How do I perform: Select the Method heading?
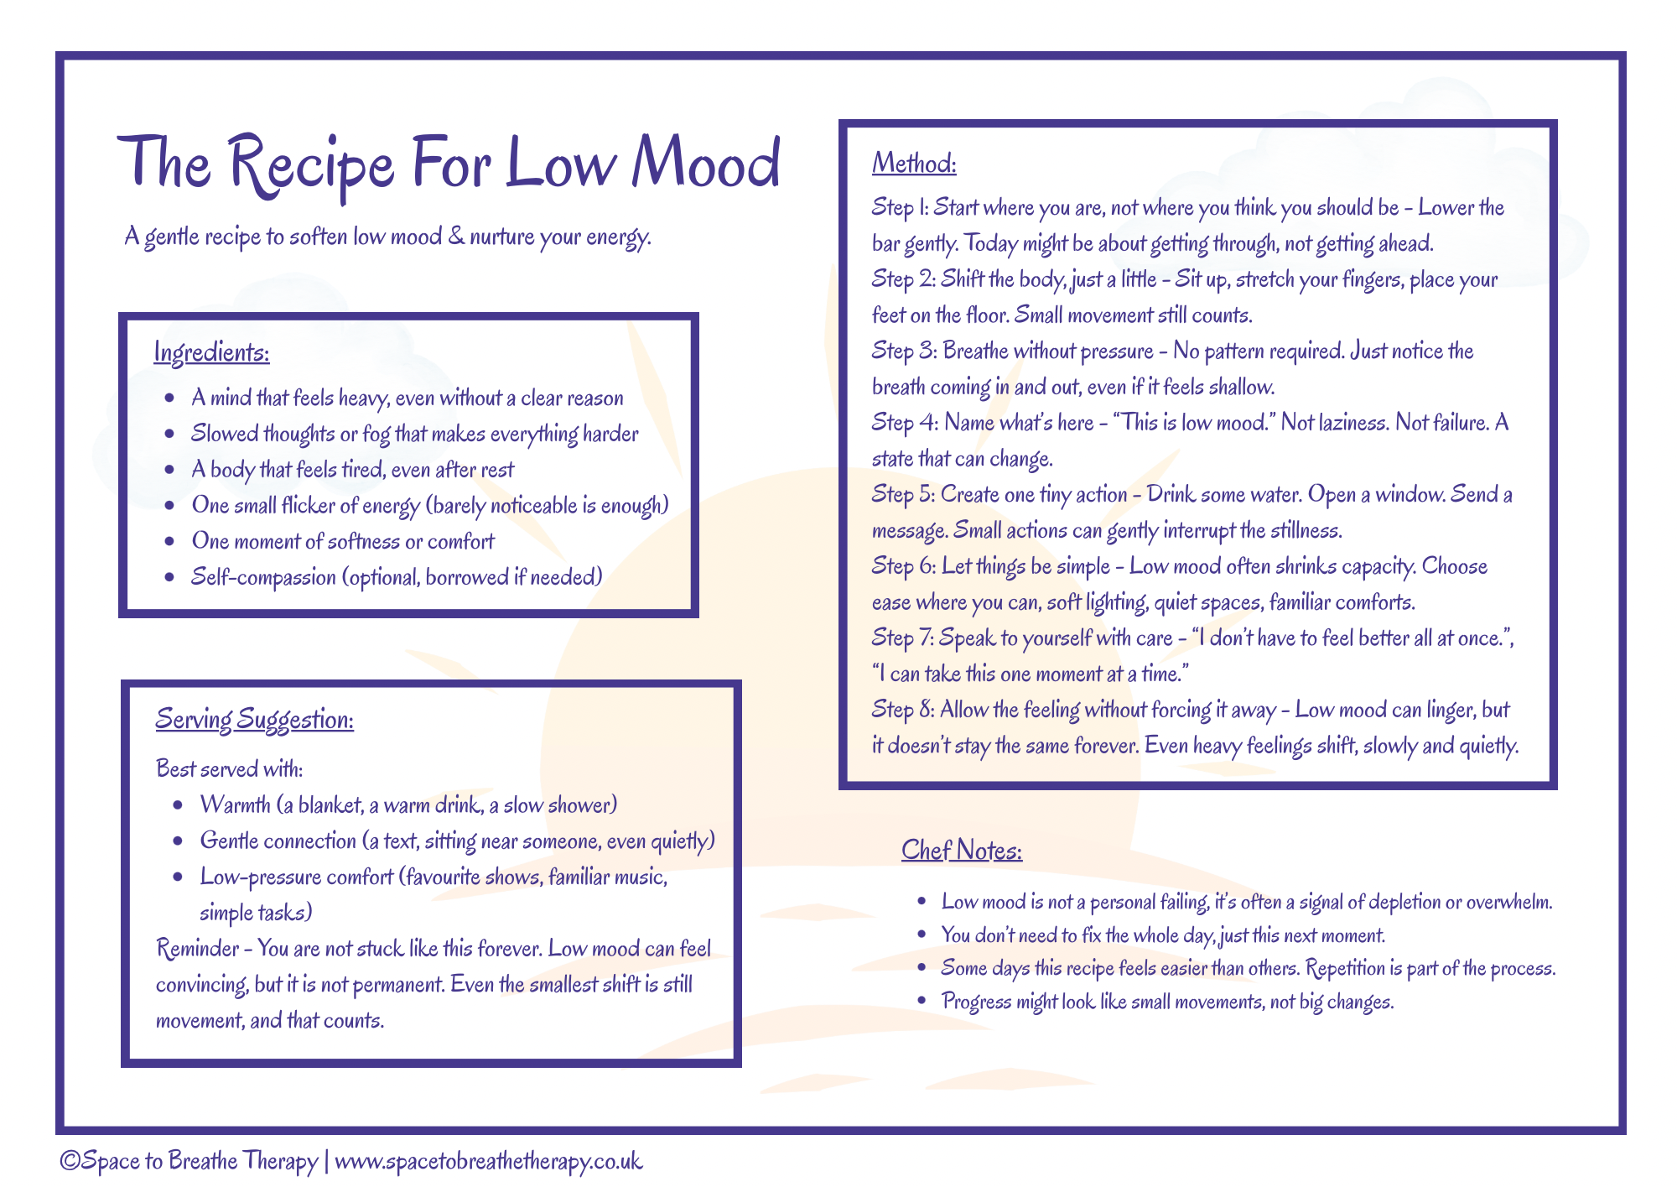[914, 163]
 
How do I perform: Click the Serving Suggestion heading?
[255, 720]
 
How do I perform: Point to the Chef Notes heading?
[962, 851]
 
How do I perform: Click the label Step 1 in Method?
[899, 208]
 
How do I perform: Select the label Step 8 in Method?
[902, 711]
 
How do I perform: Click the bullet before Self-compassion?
[170, 577]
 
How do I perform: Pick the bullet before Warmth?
[178, 805]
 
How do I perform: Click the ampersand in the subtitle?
[456, 236]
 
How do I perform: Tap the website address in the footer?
[488, 1161]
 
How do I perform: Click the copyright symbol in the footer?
[70, 1161]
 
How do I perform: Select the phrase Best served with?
[230, 768]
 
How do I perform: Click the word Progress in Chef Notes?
[976, 1002]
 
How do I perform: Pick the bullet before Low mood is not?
[922, 903]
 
